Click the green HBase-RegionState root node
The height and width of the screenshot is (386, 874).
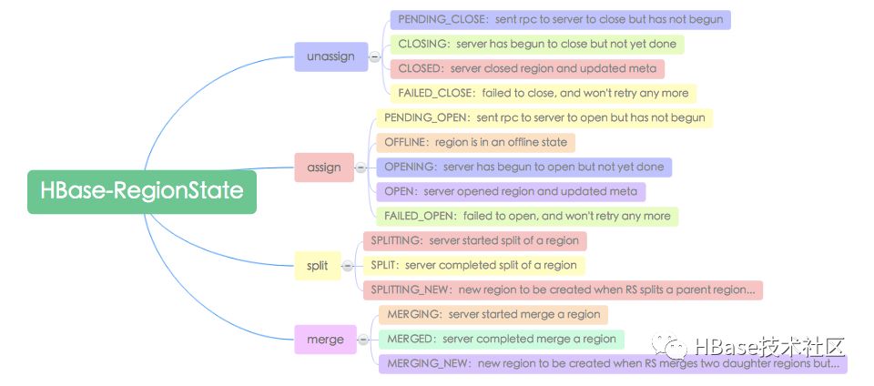coord(142,191)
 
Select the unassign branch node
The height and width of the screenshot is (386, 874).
coord(331,56)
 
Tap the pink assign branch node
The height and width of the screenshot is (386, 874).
coord(324,168)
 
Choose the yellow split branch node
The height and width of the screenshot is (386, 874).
coord(317,266)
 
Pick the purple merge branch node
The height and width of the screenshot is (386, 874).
coord(325,340)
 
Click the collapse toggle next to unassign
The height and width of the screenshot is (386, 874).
coord(375,56)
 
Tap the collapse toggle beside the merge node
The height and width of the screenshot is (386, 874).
coord(363,340)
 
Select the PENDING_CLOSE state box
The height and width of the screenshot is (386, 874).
coord(560,19)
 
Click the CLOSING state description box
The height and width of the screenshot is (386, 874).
coord(537,44)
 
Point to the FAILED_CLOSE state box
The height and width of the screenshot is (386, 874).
coord(543,93)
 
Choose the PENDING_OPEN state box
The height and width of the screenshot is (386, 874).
coord(544,117)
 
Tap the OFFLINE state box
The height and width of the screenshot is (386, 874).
coord(475,142)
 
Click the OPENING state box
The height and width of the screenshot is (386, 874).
coord(524,167)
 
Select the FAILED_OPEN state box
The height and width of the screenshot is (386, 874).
coord(527,216)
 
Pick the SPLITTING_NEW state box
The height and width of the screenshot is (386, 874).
coord(563,290)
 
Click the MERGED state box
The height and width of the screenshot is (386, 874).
coord(501,339)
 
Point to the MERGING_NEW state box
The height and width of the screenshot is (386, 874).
coord(613,364)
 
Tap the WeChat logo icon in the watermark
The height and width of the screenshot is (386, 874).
coord(669,345)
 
